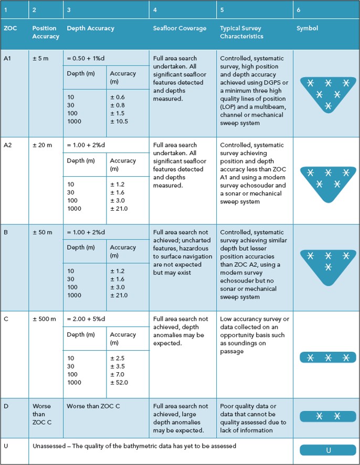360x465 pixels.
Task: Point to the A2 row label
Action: (8, 145)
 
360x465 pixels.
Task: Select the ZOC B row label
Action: (6, 232)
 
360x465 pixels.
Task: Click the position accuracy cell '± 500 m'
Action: (44, 319)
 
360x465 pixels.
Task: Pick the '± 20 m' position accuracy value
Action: (42, 145)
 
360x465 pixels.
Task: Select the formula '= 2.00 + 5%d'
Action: (87, 319)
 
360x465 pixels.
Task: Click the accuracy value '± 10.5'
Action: (119, 122)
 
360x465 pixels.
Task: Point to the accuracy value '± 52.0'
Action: (119, 383)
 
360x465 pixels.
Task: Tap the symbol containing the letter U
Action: (328, 450)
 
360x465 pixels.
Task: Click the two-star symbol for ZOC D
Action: (328, 416)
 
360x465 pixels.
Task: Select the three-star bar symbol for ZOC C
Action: (328, 358)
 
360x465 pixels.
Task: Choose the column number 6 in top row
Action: (299, 9)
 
